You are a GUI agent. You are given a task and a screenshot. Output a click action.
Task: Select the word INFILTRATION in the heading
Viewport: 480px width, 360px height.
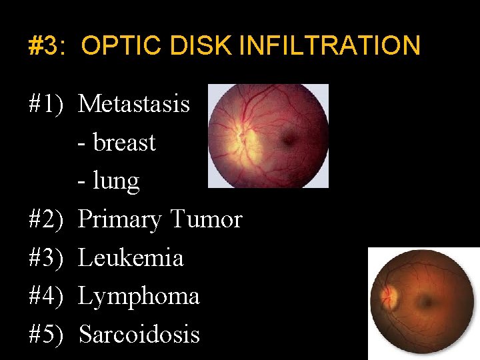coord(329,46)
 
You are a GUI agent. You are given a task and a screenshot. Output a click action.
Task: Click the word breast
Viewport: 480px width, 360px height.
coord(124,142)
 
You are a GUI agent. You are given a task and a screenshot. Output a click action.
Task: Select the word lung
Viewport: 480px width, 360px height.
coord(116,181)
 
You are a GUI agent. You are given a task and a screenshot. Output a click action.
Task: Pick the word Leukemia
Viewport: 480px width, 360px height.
coord(131,257)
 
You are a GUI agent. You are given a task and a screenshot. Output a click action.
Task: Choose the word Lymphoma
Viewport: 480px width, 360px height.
coord(139,296)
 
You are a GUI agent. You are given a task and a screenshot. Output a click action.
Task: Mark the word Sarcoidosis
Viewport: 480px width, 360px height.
coord(139,334)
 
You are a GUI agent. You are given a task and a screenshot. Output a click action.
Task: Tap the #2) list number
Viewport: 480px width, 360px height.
coord(46,219)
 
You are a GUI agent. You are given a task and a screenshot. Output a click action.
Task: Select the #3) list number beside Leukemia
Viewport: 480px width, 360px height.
coord(46,257)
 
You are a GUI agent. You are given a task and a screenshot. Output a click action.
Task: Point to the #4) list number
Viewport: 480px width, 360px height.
coord(46,296)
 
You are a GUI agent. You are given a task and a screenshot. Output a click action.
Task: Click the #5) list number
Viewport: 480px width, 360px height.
coord(46,334)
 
